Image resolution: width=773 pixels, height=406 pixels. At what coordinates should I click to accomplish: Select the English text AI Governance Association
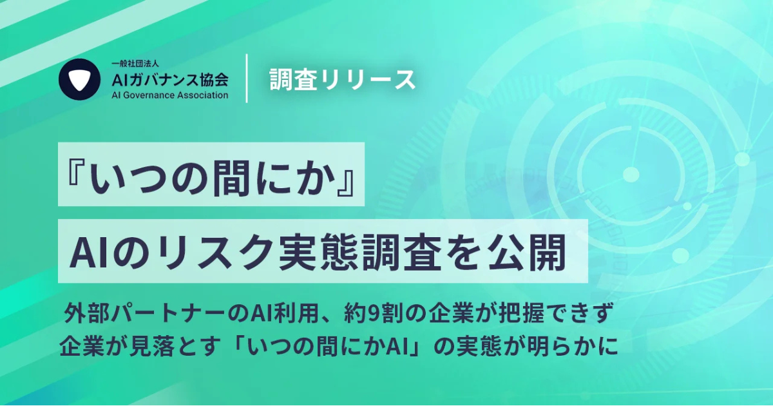[170, 95]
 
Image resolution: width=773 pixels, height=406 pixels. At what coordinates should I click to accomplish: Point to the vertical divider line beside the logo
[247, 79]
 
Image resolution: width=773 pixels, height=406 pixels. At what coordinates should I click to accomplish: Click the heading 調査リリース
[342, 79]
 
